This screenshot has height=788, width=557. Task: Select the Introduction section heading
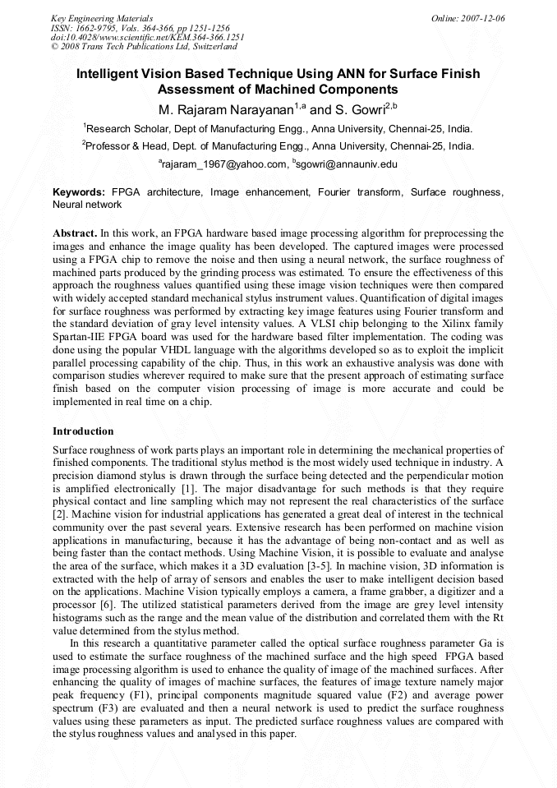[x=83, y=431]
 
